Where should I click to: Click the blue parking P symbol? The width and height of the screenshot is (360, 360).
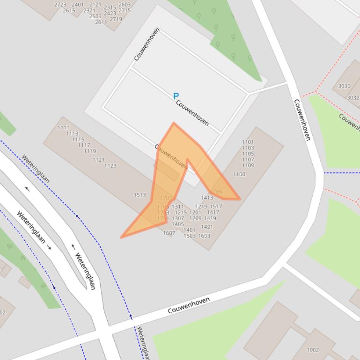176,96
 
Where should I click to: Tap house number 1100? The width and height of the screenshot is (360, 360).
239,174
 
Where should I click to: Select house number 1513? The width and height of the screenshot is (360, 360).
140,195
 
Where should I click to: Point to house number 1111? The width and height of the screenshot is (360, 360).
63,127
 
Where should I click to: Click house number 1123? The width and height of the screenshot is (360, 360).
110,166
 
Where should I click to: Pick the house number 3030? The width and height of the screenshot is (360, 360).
344,86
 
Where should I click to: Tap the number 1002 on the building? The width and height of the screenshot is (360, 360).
312,350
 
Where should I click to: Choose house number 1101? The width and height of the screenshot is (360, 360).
248,142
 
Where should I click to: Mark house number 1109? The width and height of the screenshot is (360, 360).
248,165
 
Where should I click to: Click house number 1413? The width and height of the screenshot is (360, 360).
207,198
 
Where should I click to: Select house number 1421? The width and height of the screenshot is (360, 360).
206,227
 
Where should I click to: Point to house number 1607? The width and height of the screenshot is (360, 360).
169,233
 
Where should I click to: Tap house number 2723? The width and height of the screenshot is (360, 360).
60,5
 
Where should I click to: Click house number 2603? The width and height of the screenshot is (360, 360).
125,5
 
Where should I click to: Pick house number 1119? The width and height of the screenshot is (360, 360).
90,151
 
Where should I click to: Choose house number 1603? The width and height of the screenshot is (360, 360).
204,236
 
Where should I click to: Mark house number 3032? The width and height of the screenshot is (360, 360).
353,98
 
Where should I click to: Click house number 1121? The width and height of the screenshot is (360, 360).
98,159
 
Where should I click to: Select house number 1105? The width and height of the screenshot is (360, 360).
248,153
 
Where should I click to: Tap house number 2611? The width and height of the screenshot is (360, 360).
101,22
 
